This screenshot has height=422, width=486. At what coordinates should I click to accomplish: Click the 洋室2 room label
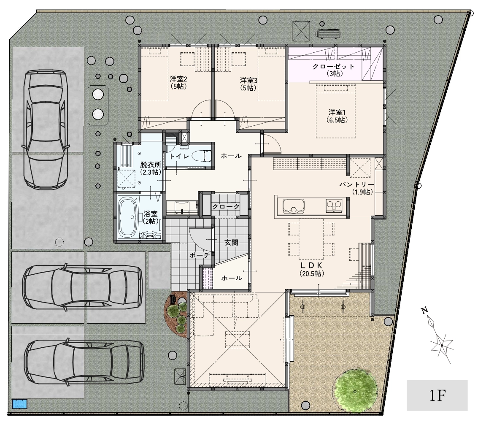coord(178,79)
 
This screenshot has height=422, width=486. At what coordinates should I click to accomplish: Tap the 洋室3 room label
coord(248,81)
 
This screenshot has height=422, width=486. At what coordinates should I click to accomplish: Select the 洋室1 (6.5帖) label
coord(337,116)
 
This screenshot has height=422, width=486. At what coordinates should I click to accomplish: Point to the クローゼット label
coord(333,66)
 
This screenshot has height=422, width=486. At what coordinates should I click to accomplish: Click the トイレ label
coord(179,156)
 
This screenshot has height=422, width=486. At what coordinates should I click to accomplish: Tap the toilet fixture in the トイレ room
coord(202,155)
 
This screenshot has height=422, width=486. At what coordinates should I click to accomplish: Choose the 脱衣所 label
coord(151,165)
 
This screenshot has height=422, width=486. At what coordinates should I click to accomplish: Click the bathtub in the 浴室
coord(128,218)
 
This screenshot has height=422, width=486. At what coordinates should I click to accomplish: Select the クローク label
coord(226,206)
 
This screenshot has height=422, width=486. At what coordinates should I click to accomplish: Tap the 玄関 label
coord(231,243)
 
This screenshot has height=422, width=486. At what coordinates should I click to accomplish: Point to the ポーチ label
coord(199,255)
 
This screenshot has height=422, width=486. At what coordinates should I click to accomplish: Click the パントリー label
coord(356,184)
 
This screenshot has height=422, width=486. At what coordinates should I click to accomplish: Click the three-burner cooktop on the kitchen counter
coord(334,206)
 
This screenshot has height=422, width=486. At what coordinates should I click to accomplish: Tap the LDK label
coord(312,265)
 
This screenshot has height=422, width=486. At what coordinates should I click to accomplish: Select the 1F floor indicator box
coord(437,395)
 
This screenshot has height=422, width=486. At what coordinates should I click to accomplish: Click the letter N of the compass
coord(424,310)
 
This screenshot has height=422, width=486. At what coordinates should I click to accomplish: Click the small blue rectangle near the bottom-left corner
coord(20,404)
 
